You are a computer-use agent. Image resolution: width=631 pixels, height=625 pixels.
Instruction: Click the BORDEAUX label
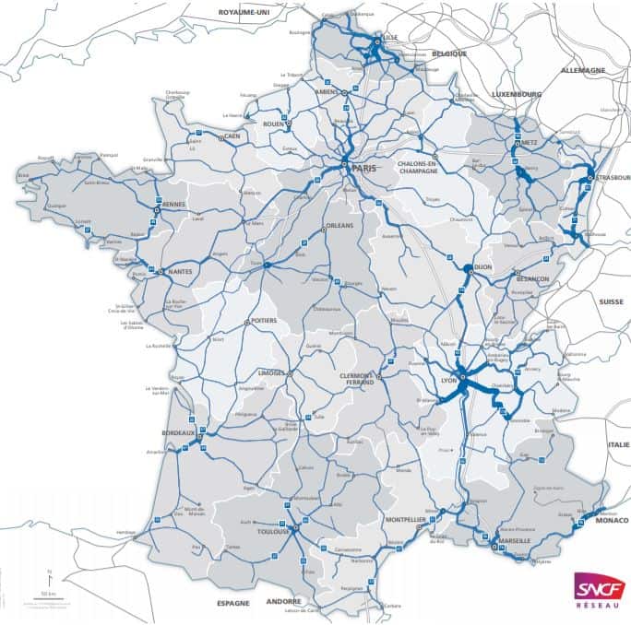pos(178,432)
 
